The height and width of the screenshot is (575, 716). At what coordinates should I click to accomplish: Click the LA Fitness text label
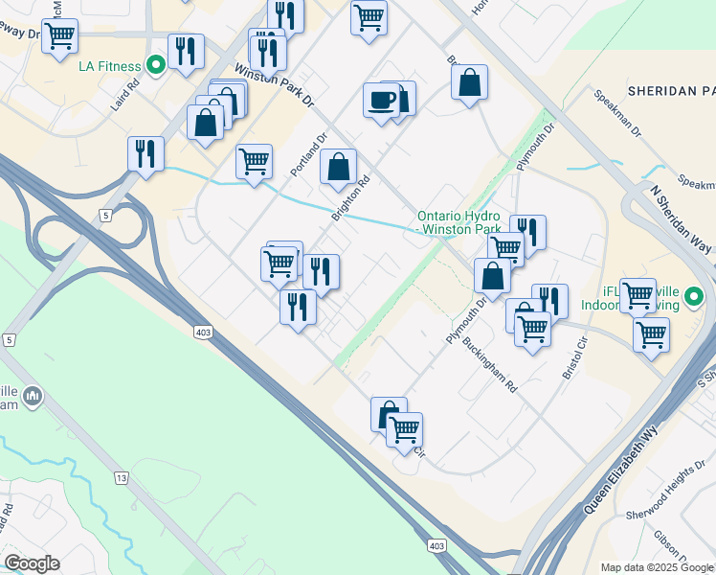click(x=109, y=66)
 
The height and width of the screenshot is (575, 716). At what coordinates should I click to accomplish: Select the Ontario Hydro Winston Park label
click(x=459, y=223)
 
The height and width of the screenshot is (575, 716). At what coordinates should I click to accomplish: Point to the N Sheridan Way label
click(x=682, y=218)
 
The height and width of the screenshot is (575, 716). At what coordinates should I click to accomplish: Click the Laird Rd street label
click(x=124, y=94)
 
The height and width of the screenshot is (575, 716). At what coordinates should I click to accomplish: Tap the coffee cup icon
click(x=382, y=99)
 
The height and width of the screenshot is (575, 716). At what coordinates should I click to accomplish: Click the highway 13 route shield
click(x=121, y=477)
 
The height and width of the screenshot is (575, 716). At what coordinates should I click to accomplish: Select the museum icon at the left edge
click(x=33, y=396)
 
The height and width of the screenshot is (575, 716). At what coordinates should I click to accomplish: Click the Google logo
click(x=32, y=563)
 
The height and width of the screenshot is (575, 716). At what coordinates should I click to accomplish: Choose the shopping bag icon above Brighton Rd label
click(x=338, y=166)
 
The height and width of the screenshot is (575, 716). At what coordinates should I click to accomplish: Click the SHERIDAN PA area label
click(x=671, y=91)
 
